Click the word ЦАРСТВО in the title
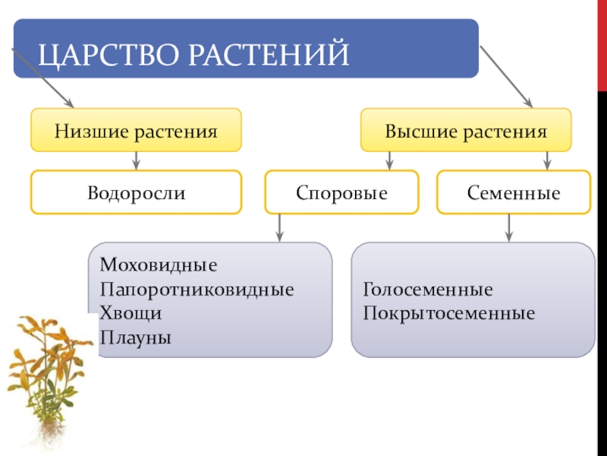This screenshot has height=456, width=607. (x=109, y=54)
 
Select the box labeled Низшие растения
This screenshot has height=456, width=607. (x=137, y=130)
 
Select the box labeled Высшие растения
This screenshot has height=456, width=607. (x=466, y=130)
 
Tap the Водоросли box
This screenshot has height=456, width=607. (x=137, y=192)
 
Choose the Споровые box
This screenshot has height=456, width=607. (x=342, y=192)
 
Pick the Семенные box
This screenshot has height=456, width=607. (x=514, y=192)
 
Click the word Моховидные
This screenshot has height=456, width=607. (x=159, y=265)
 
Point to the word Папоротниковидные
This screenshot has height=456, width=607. (x=197, y=290)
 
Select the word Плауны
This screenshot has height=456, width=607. (x=136, y=337)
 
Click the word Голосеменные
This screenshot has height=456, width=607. (x=428, y=290)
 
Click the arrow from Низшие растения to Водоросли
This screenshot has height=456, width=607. (x=136, y=160)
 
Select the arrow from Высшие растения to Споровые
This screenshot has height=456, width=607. (x=390, y=160)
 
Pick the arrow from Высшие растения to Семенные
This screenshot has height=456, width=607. (x=547, y=160)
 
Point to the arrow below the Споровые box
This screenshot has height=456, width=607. (x=279, y=228)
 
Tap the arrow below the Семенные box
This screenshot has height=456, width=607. (x=509, y=228)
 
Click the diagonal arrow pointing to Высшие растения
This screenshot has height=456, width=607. (x=506, y=77)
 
